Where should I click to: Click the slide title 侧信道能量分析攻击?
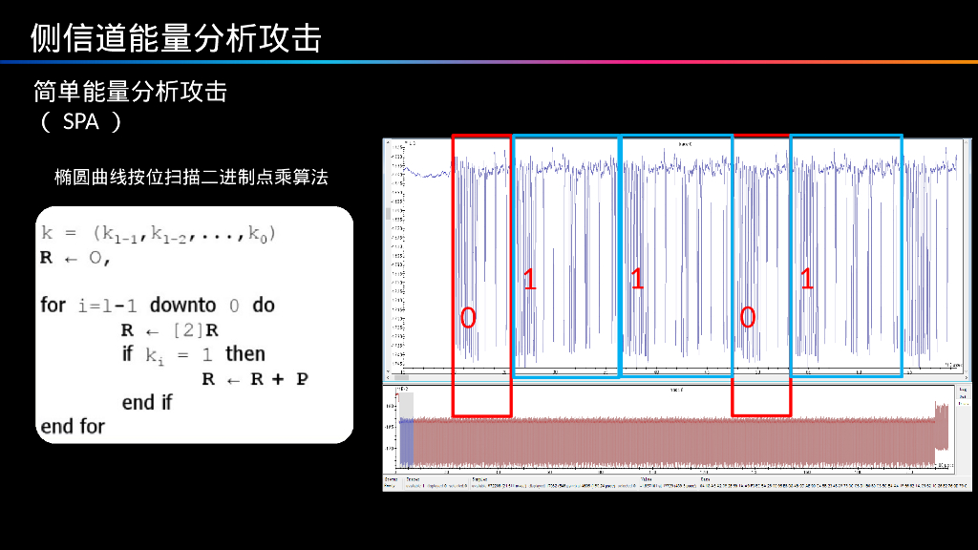point(176,37)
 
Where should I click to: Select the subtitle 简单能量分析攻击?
point(130,92)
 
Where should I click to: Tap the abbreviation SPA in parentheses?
point(81,122)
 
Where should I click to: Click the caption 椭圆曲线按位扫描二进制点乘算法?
point(191,178)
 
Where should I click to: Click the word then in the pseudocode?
point(245,354)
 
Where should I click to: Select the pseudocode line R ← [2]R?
point(170,330)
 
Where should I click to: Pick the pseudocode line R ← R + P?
point(255,379)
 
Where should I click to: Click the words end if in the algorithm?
point(147,403)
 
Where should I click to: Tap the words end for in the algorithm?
point(73,427)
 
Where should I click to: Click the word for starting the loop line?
point(53,306)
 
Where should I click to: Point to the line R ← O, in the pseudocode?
point(76,258)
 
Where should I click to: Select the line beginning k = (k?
point(158,232)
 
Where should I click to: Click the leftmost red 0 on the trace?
point(468,318)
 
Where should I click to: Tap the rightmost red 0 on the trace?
point(748,318)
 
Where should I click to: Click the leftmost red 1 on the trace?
point(530,280)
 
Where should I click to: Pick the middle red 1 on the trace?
point(637,280)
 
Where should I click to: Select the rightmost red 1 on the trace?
point(807,280)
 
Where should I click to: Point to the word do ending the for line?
point(264,306)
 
